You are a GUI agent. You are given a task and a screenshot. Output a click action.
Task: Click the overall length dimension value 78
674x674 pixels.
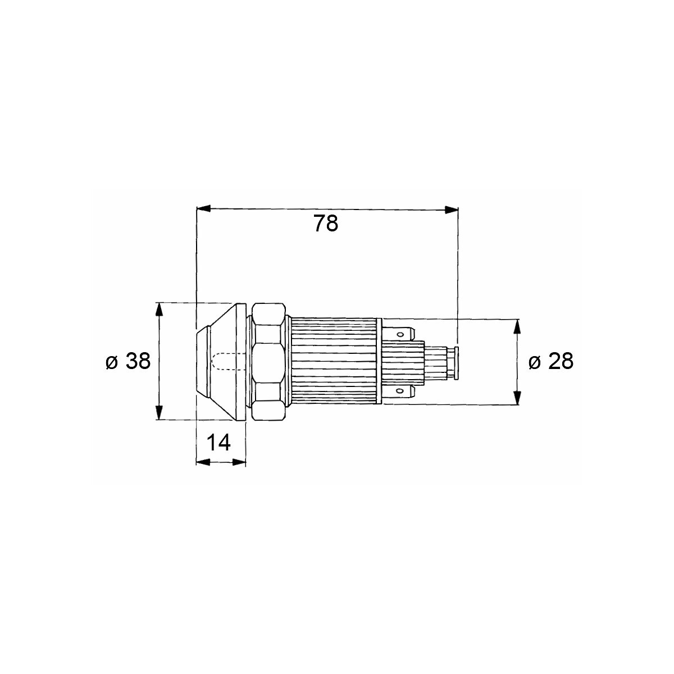[326, 224]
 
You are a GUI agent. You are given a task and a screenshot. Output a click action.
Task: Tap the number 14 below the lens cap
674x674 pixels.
[218, 443]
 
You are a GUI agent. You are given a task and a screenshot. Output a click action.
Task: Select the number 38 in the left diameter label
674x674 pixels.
[138, 361]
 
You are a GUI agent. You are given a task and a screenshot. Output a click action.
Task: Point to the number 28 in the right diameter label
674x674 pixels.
[561, 361]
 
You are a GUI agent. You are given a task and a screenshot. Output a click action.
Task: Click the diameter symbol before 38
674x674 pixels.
[111, 363]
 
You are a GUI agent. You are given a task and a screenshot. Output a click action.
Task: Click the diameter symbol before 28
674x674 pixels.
[534, 363]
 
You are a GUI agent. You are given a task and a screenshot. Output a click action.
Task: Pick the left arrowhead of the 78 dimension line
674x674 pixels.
[203, 209]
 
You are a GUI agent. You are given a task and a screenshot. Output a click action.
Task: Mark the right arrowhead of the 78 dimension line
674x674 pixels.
[451, 210]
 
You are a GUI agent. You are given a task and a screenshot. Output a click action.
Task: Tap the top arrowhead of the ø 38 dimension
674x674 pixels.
[159, 310]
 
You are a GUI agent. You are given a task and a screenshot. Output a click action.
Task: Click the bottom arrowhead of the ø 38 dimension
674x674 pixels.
[159, 412]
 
